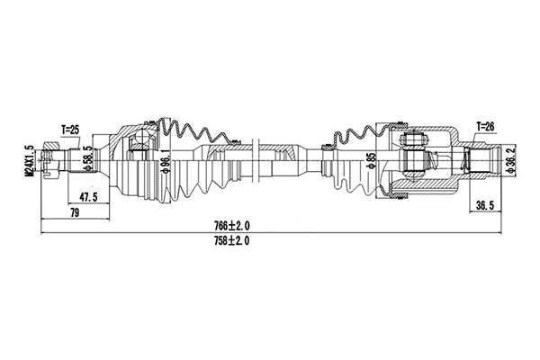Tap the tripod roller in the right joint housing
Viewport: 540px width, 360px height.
(x=414, y=141)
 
